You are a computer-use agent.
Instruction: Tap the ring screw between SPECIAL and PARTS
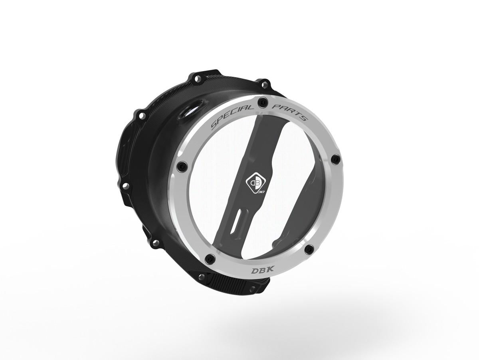pyautogui.click(x=263, y=102)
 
